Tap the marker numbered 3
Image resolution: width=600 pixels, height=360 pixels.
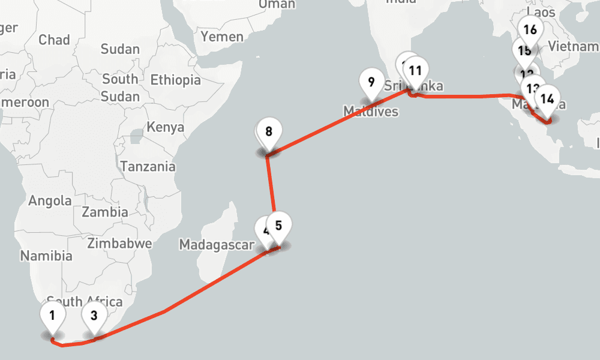[x=94, y=315]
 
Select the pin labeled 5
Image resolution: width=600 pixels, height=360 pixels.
[x=278, y=226]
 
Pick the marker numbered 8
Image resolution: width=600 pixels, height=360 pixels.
[x=269, y=131]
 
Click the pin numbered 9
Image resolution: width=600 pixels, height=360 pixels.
[x=371, y=82]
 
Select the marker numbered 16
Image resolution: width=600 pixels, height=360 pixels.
[x=530, y=29]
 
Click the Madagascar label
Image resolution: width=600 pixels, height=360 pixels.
[x=217, y=245]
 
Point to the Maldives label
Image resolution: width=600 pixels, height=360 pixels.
[x=370, y=111]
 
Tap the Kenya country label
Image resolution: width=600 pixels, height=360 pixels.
[x=165, y=127]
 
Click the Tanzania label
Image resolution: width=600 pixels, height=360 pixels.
[x=148, y=167]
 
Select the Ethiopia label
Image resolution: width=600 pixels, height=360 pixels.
[x=175, y=80]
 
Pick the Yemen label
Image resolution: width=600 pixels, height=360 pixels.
[x=222, y=37]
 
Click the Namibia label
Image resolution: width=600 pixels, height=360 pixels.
[x=46, y=256]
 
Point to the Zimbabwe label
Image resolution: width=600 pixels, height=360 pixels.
[x=119, y=244]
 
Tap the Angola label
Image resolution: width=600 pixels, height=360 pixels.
[x=50, y=201]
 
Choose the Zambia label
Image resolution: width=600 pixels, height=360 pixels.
[x=105, y=212]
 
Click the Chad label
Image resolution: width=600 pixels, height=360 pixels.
[x=54, y=40]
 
